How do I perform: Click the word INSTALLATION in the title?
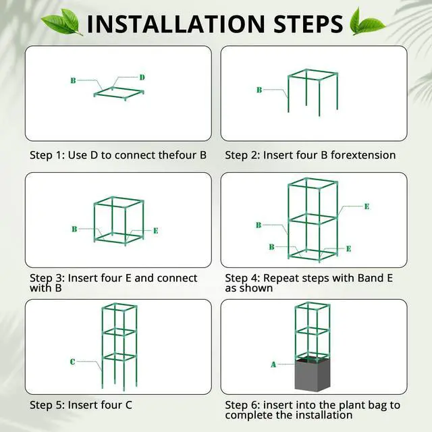click(x=176, y=24)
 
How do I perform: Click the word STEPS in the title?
click(x=308, y=24)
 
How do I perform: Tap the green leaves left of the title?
click(x=61, y=22)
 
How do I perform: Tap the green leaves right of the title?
click(x=367, y=22)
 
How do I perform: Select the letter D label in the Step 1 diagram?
click(x=142, y=78)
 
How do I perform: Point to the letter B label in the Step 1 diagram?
click(x=73, y=80)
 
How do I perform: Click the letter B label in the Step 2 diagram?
click(x=259, y=90)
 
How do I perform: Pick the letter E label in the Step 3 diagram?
click(x=156, y=231)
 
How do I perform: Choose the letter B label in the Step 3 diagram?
click(x=74, y=229)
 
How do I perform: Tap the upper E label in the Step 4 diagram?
click(x=367, y=207)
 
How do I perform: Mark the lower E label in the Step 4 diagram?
click(x=348, y=249)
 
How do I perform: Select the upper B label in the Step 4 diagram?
click(x=259, y=225)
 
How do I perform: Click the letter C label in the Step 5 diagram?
click(x=72, y=362)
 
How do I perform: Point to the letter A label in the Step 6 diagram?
click(x=273, y=364)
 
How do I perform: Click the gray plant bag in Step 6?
click(x=313, y=375)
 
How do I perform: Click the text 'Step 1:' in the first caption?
click(x=47, y=155)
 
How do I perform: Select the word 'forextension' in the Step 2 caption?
click(x=363, y=155)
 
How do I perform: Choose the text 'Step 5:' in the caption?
click(x=47, y=405)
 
